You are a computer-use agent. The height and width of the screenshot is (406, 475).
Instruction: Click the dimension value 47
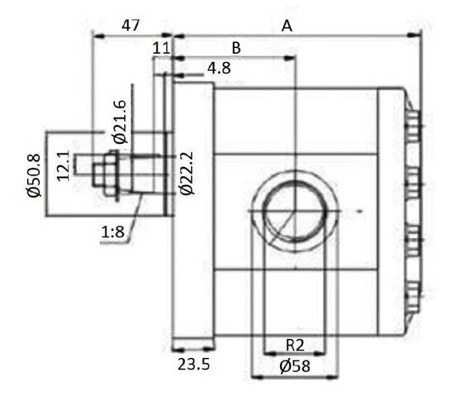pos(131,26)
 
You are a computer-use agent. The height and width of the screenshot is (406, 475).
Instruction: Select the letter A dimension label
pos(287,26)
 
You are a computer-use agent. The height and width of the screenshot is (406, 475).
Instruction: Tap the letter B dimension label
pos(236,48)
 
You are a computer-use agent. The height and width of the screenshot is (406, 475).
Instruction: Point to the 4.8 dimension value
pos(219,69)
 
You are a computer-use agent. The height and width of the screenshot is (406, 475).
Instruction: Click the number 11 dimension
pos(161,48)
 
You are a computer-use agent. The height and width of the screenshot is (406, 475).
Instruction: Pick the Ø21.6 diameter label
pos(120,122)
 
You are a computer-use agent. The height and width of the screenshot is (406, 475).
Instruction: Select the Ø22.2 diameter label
pos(187,174)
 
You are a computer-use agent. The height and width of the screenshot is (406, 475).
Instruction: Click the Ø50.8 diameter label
pos(33,175)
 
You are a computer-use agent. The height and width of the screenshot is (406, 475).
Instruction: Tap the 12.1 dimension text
pos(64,166)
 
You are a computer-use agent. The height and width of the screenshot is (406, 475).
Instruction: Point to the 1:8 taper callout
pos(112,232)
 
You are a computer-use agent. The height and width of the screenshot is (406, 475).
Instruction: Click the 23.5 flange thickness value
pos(193,364)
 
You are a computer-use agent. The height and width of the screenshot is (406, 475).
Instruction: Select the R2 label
pos(295,345)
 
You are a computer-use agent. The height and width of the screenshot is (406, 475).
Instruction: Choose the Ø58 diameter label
pos(295,366)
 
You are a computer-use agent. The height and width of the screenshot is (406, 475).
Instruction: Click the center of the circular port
pos(295,211)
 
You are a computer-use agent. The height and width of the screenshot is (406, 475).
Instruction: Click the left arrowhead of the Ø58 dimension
pos(257,377)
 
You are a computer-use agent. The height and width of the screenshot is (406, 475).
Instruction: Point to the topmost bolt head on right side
pos(412,127)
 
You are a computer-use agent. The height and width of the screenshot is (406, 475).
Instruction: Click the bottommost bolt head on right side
pos(412,298)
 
